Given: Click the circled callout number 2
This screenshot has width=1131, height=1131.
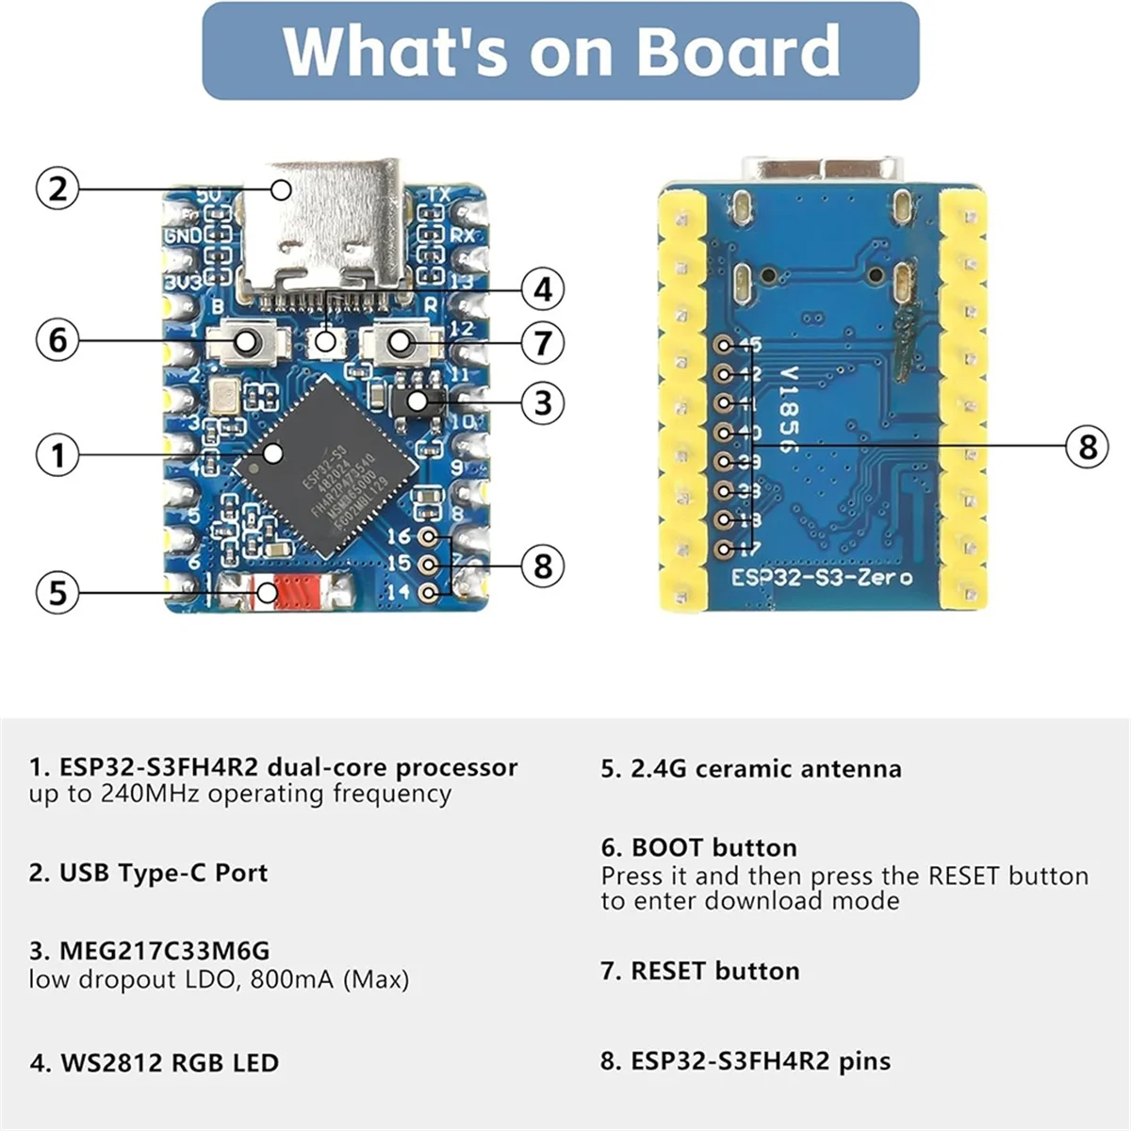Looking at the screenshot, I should click(57, 188).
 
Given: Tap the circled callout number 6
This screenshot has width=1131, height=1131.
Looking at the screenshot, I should click(57, 338).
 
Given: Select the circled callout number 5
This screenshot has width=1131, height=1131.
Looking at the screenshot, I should click(57, 593).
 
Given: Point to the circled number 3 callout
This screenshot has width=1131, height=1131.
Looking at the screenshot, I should click(543, 402).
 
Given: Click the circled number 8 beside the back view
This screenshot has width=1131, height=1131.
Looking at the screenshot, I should click(1087, 446).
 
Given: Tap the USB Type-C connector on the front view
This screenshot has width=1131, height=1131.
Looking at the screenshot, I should click(320, 226).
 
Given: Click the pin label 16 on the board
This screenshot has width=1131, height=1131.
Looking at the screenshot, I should click(399, 536).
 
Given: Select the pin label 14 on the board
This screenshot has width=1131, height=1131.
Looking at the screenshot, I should click(399, 592).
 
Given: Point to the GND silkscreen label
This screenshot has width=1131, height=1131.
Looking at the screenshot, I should click(183, 236).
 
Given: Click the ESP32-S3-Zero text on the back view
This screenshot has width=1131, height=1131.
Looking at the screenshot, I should click(822, 576).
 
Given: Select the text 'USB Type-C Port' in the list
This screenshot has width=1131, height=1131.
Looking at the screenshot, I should click(163, 873).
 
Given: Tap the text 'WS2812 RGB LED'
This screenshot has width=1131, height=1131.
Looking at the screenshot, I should click(170, 1063).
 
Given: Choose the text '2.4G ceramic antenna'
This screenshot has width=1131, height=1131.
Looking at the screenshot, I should click(765, 769).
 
